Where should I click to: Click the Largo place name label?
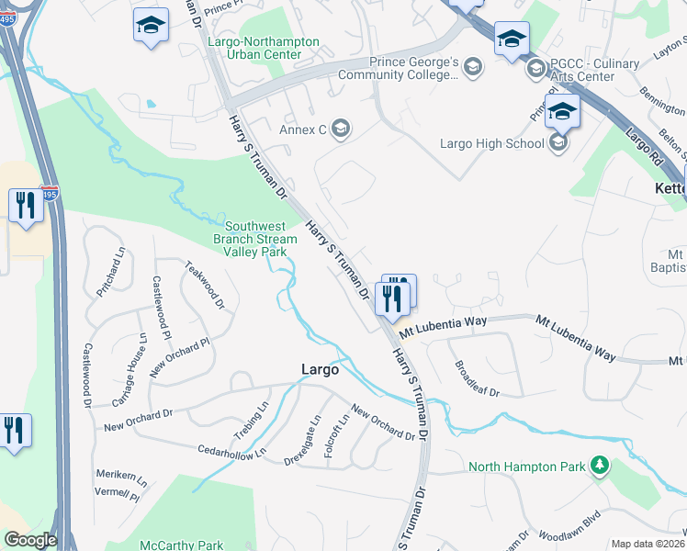(x=321, y=369)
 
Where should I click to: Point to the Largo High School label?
(x=491, y=143)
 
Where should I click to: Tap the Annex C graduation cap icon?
(x=342, y=129)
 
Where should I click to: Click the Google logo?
(x=30, y=539)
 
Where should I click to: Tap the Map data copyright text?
(x=648, y=544)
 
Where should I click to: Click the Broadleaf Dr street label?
(x=477, y=378)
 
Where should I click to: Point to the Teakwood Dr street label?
(x=204, y=286)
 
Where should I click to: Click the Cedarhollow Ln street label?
(x=231, y=451)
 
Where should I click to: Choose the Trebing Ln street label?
(x=250, y=419)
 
